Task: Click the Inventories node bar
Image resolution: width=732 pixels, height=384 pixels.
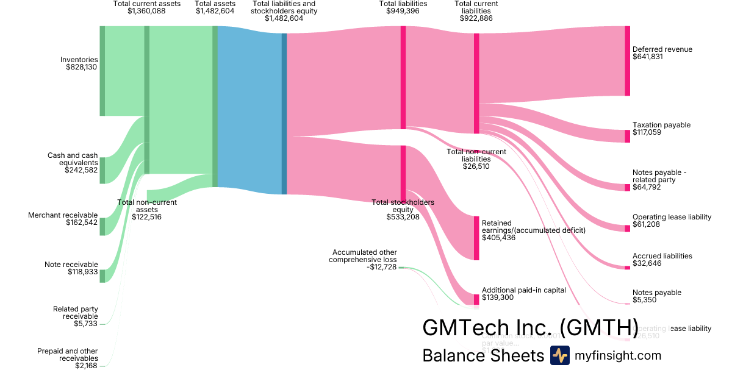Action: point(102,71)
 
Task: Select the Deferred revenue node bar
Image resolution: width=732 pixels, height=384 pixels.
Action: point(627,61)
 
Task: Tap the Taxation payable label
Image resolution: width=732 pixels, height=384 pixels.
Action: point(661,125)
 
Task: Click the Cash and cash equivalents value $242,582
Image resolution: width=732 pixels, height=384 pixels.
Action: point(81,171)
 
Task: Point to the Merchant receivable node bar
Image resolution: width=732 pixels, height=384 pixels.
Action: point(102,226)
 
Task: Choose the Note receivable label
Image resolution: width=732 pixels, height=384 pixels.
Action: point(71,265)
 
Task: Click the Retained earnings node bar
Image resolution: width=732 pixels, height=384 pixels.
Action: point(476,238)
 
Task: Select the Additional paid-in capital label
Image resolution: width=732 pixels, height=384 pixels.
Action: point(523,290)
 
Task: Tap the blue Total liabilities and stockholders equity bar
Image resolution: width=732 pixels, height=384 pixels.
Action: point(284,113)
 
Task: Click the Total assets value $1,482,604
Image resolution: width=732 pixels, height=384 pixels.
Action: point(215,12)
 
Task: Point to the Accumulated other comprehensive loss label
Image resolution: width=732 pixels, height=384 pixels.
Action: point(364,256)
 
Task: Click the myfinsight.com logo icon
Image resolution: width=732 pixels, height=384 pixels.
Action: point(559,355)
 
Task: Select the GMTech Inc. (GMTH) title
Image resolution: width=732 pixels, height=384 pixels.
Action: point(530,327)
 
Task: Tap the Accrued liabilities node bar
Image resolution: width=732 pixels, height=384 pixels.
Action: point(627,267)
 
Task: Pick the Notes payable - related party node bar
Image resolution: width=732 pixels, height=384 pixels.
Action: point(627,187)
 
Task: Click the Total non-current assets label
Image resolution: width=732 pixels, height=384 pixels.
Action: point(146,202)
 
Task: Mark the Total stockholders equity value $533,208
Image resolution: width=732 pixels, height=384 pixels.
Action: point(403,217)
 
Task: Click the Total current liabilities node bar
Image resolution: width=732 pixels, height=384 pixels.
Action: point(476,84)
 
